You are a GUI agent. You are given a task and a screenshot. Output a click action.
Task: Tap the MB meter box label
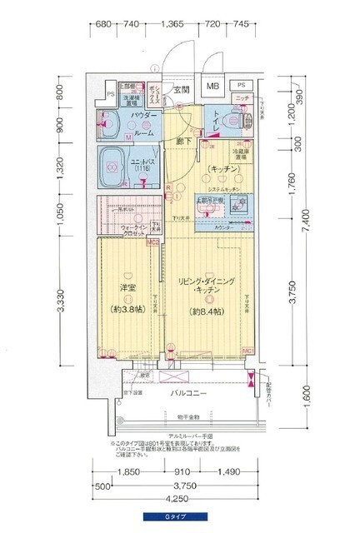(213, 86)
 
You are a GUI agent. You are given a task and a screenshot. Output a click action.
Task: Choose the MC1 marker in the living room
(247, 350)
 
